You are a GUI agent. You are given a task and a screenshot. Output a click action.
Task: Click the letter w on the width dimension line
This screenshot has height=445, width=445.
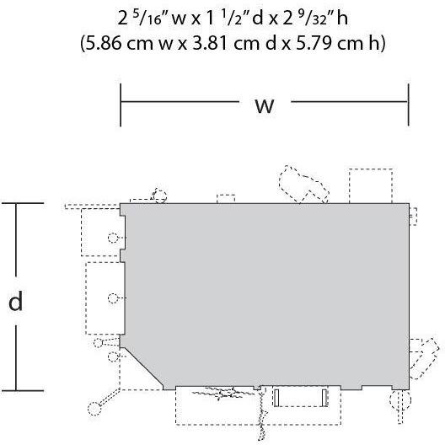pyautogui.click(x=265, y=106)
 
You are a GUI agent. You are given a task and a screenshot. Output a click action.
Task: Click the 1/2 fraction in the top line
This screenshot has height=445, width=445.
pyautogui.click(x=230, y=19)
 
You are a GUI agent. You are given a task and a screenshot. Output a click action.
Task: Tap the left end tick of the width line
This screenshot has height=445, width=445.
pyautogui.click(x=121, y=105)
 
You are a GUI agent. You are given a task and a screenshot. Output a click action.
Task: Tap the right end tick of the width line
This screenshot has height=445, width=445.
pyautogui.click(x=409, y=105)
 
